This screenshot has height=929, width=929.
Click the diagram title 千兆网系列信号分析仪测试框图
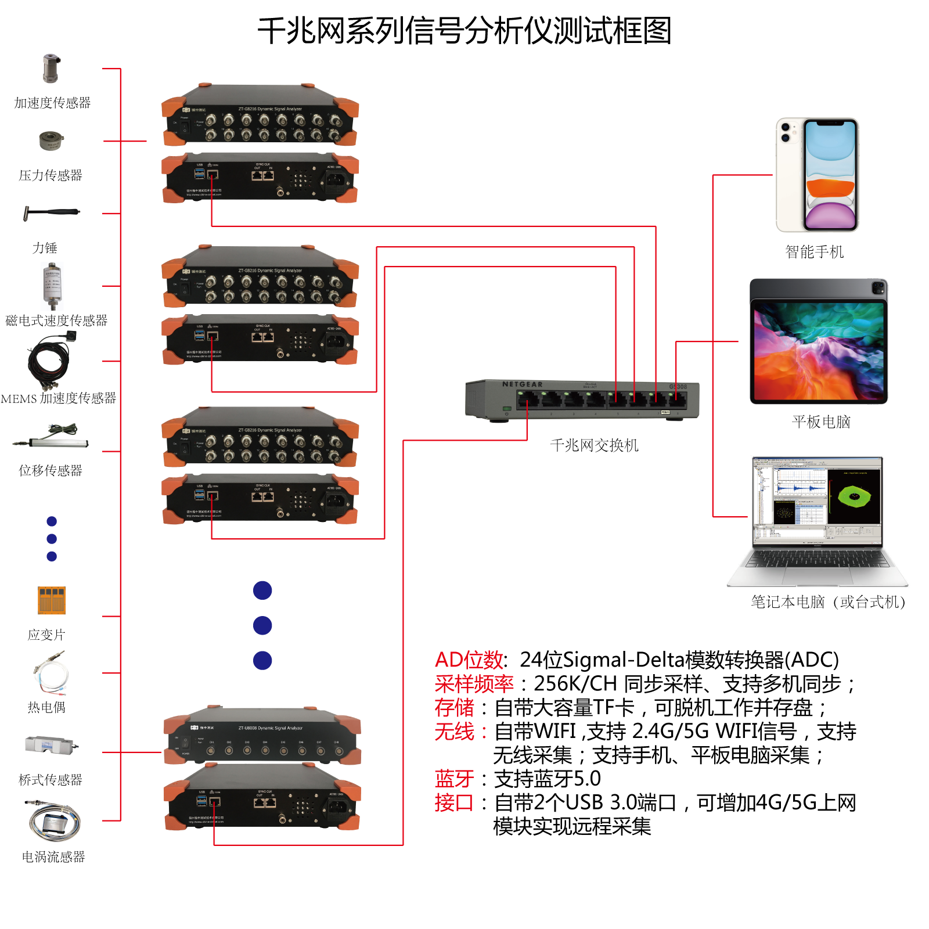click(x=464, y=31)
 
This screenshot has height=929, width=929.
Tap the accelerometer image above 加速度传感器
click(x=51, y=69)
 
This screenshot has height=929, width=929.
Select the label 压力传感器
click(x=51, y=175)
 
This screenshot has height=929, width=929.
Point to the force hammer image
click(x=51, y=213)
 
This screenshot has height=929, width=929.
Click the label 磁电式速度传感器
click(x=56, y=321)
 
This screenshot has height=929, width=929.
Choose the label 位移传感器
click(x=51, y=470)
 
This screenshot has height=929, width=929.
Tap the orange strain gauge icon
click(x=52, y=600)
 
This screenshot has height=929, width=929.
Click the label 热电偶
click(x=46, y=707)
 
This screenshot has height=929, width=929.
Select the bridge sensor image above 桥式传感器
click(x=51, y=745)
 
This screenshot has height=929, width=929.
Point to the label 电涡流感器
click(x=53, y=857)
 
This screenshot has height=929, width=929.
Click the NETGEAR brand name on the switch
click(x=523, y=384)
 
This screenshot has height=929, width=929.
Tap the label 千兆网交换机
click(x=594, y=445)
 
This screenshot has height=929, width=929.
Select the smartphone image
click(x=817, y=175)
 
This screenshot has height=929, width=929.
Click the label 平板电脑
click(x=820, y=422)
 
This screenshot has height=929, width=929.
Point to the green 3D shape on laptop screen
click(x=854, y=496)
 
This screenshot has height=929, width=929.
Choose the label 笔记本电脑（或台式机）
click(x=829, y=602)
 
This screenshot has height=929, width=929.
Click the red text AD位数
click(x=469, y=660)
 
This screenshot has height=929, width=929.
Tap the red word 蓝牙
click(x=454, y=779)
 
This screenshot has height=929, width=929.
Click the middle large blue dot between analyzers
click(x=262, y=625)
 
